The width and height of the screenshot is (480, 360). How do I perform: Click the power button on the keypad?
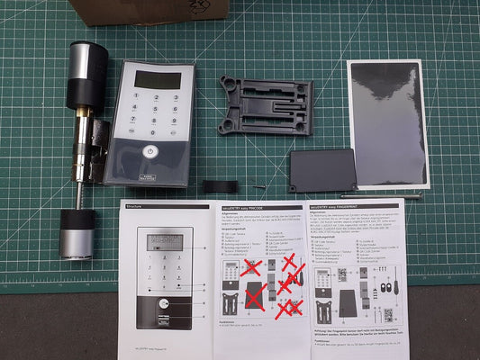coord(149,152)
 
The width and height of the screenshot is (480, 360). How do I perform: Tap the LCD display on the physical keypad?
coord(156,79)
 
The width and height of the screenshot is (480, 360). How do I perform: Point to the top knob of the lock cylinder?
coord(88,65)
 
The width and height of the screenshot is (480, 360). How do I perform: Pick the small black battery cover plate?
coord(322,171)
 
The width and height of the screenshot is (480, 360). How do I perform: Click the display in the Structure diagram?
coord(165,241)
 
